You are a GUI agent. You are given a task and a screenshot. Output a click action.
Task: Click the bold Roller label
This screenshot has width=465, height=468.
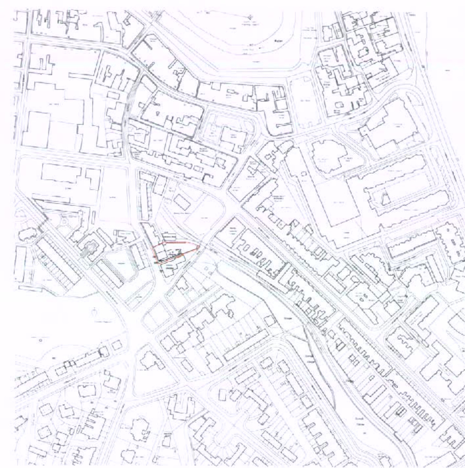pos(276,48)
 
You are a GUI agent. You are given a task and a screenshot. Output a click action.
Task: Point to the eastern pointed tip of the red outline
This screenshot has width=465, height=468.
pos(200,245)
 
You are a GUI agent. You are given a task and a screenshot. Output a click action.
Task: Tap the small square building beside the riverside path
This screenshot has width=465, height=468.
pos(270,321)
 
